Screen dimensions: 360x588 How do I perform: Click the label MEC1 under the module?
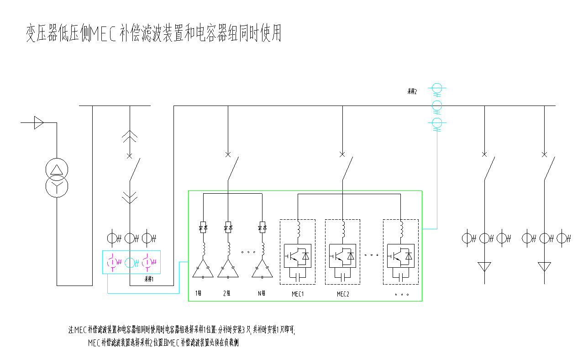[x=298, y=294]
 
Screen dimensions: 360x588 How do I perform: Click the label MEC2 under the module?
[x=343, y=294]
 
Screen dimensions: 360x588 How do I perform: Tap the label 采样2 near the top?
[x=412, y=91]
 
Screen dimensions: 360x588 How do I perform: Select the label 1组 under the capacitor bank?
[x=198, y=293]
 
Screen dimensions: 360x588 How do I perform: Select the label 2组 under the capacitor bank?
[x=227, y=293]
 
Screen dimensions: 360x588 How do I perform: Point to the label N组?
[x=261, y=293]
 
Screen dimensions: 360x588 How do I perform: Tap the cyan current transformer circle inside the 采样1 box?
[x=130, y=262]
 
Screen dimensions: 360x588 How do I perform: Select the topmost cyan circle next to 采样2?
[x=437, y=88]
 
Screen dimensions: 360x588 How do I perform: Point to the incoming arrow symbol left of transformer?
[x=39, y=122]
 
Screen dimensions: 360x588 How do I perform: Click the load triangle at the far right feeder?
[x=544, y=266]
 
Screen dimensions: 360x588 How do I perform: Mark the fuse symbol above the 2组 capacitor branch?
[x=228, y=227]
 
